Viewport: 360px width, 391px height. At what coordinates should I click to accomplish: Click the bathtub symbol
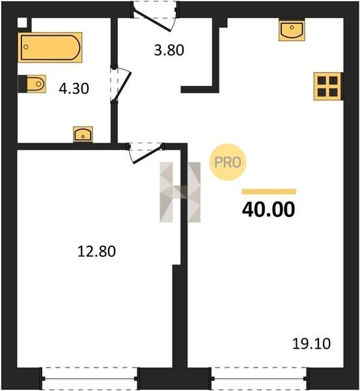50,48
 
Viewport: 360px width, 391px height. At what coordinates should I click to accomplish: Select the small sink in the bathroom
83,134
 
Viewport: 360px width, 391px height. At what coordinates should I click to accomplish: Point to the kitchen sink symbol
292,31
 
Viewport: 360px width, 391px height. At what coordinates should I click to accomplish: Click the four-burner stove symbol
327,86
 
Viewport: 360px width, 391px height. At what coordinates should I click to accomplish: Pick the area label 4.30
74,89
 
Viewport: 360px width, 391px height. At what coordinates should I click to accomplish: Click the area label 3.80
169,50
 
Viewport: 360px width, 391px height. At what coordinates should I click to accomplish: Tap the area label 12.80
96,251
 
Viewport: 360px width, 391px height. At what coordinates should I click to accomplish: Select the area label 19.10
311,343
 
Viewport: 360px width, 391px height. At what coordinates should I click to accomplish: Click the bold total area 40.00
269,209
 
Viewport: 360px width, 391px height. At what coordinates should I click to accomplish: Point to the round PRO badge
228,162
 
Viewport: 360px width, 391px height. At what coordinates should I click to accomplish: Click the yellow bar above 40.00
269,192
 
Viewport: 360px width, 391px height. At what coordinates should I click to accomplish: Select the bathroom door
120,85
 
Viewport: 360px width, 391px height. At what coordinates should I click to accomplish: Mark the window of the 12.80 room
90,379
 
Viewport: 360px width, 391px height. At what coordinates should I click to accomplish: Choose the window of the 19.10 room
260,379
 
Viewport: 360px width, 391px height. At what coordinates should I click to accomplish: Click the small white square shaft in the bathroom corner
22,23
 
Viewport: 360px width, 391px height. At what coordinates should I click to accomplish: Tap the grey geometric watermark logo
180,192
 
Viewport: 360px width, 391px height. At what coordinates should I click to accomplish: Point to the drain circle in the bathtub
25,47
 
